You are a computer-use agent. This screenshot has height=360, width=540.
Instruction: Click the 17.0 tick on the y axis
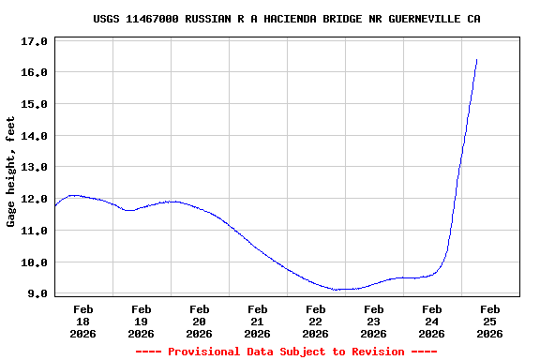(34, 41)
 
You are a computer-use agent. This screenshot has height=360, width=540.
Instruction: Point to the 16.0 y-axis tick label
(34, 72)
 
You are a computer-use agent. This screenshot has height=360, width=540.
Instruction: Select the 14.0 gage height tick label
(34, 136)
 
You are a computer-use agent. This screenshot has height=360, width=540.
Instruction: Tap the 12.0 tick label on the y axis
(34, 199)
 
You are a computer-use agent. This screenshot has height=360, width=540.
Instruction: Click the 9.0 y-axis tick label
(37, 293)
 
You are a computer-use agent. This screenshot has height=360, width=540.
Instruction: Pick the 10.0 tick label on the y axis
(34, 262)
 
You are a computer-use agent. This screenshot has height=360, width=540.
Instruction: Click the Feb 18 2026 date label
(82, 321)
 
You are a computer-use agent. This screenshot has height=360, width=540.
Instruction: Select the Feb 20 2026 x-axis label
(199, 321)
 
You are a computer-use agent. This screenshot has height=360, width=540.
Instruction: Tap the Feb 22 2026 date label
(315, 321)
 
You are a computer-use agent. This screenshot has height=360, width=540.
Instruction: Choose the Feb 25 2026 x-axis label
(489, 321)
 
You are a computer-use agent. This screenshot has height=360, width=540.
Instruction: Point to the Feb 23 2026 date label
(373, 321)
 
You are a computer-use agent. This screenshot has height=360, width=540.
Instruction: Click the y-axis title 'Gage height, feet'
(11, 172)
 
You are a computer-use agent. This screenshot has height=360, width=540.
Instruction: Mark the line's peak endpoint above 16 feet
(477, 59)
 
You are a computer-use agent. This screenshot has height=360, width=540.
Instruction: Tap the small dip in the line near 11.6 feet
(129, 211)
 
